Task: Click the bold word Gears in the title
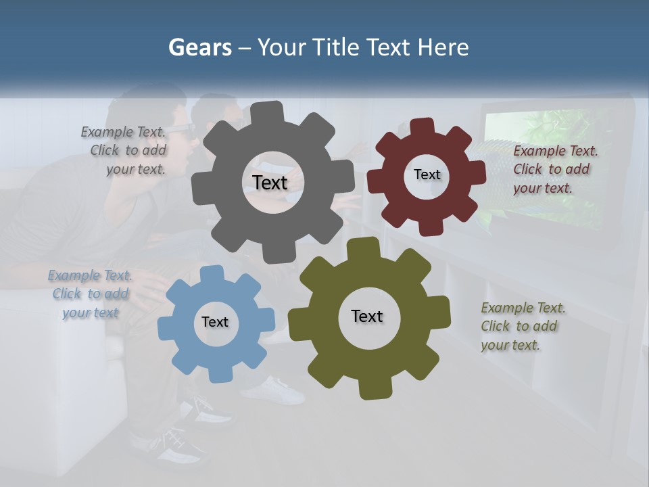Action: pos(199,47)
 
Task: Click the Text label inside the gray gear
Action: pos(270,183)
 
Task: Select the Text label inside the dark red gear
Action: pos(427,175)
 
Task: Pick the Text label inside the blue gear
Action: pos(215,322)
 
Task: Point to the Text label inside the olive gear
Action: pos(367,316)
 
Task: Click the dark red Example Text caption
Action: pos(554,169)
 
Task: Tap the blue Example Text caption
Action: pos(91,294)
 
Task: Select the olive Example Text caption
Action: pos(522,326)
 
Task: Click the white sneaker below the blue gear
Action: pos(277,391)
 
